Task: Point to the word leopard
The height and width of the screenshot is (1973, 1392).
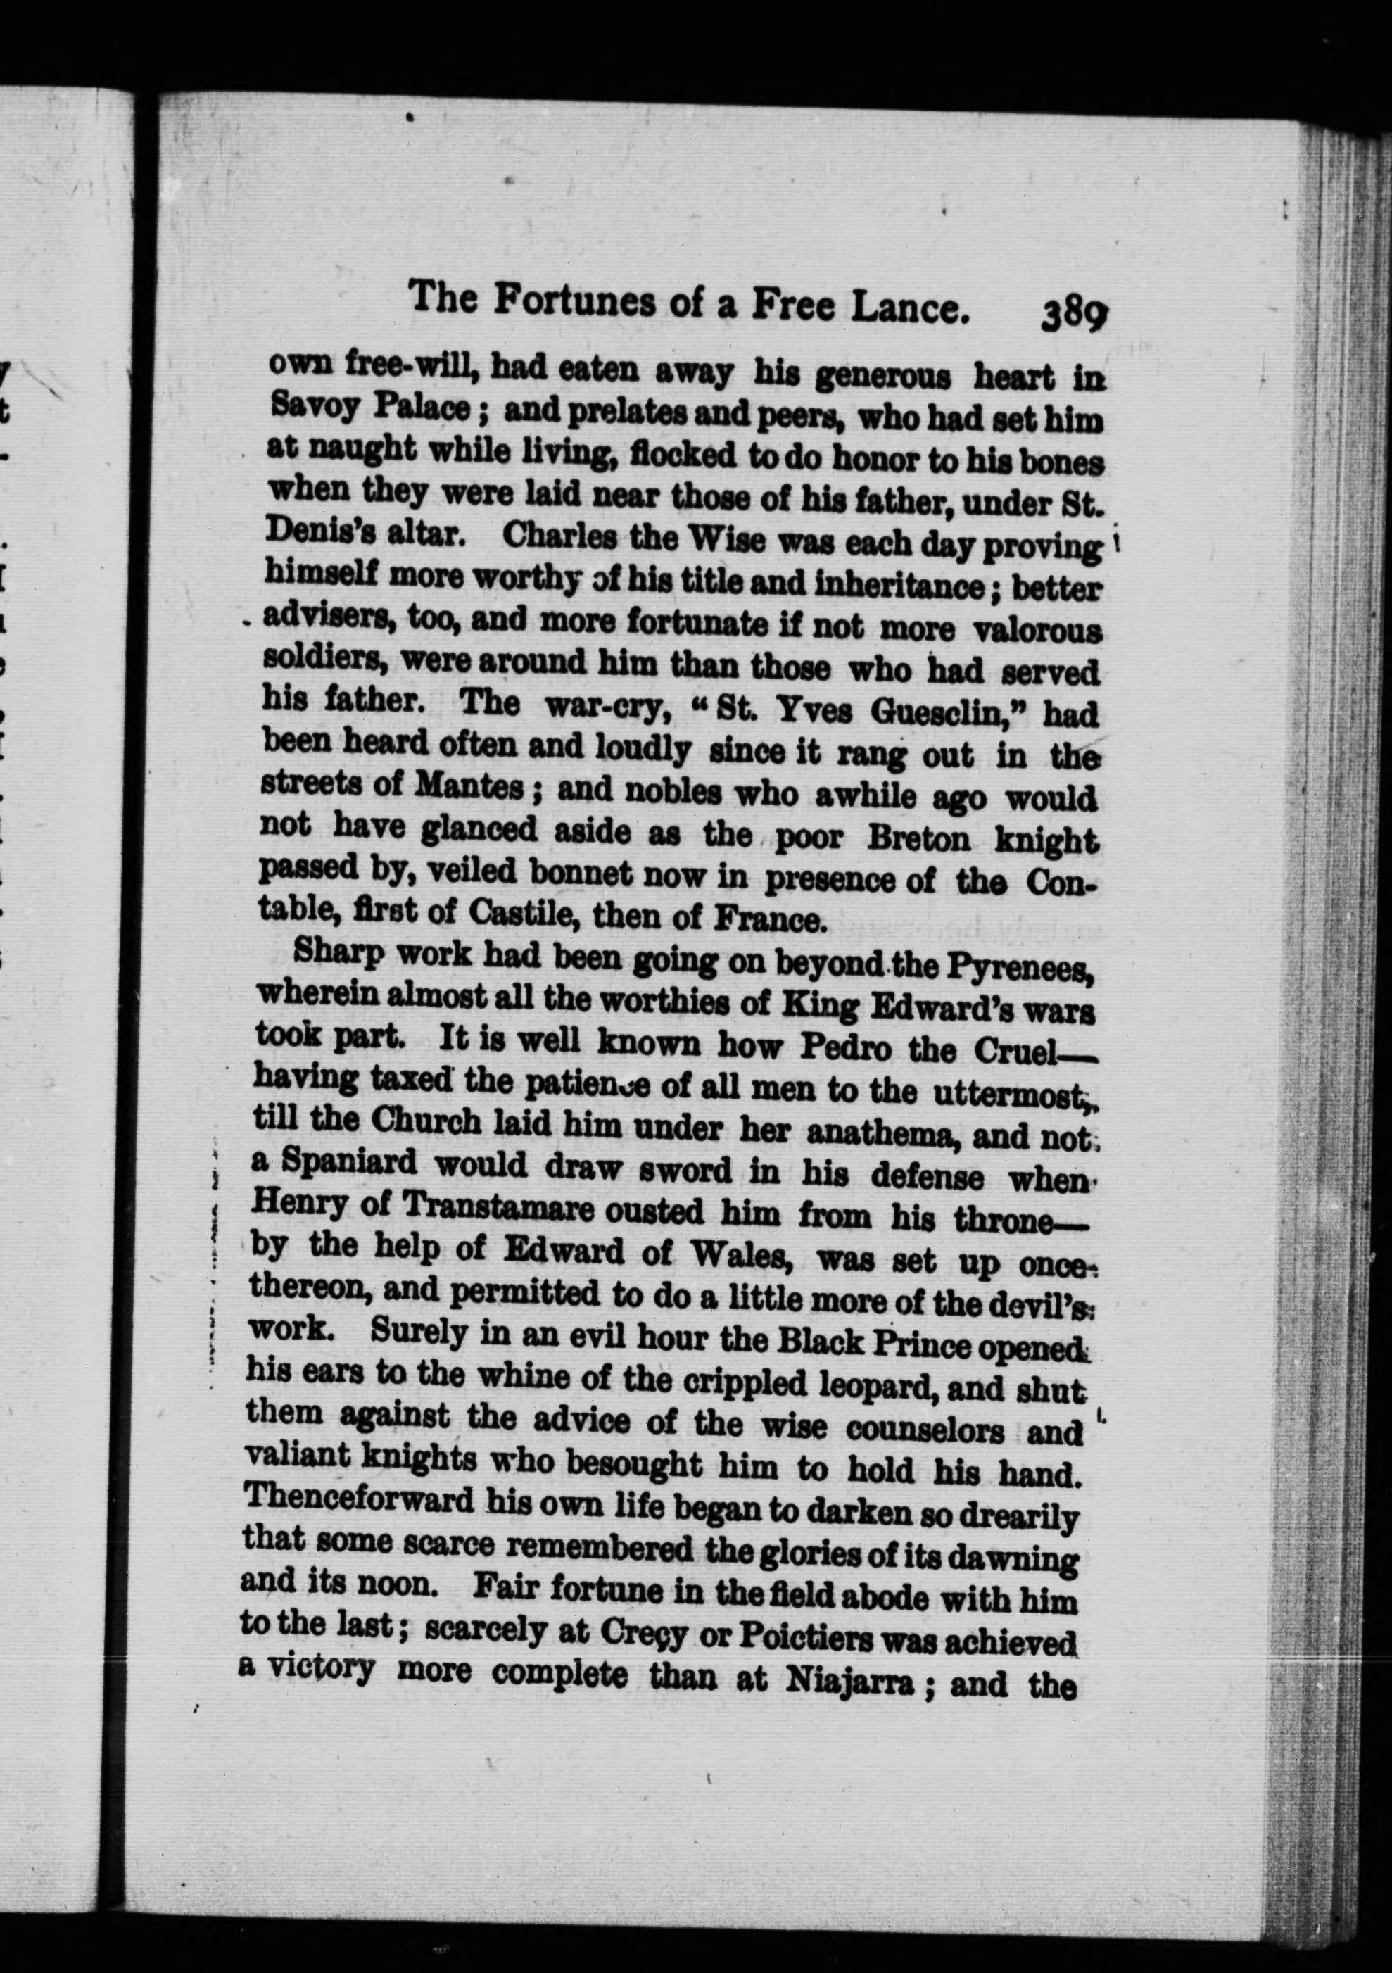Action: click(x=917, y=1385)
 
